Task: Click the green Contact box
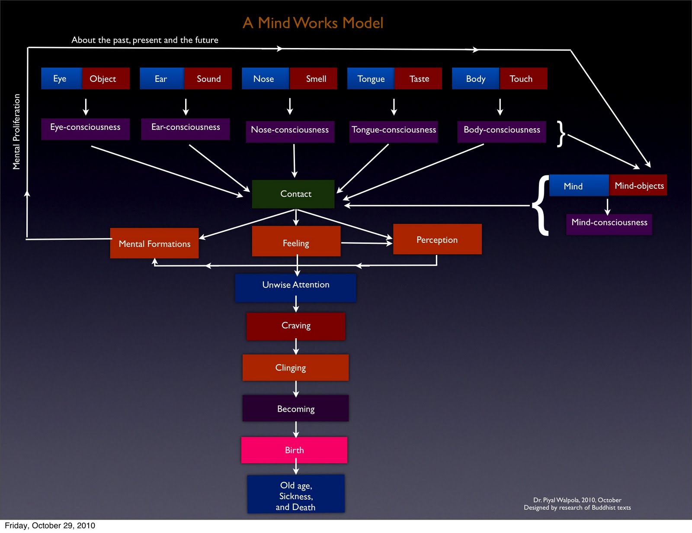click(x=293, y=194)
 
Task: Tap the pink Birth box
click(x=294, y=450)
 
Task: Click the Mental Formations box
click(x=154, y=243)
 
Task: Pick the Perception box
click(x=437, y=239)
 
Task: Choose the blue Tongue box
click(x=371, y=78)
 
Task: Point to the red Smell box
click(x=314, y=78)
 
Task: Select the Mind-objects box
click(x=638, y=185)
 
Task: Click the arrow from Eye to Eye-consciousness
click(x=86, y=106)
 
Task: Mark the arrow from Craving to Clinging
click(x=296, y=347)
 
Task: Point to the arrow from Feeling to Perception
click(x=367, y=243)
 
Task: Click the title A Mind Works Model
click(x=313, y=23)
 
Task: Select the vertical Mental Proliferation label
click(x=16, y=132)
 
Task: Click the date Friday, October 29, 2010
click(x=50, y=526)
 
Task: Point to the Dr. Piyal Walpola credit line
click(x=577, y=500)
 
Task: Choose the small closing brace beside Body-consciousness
click(x=561, y=133)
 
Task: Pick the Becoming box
click(x=295, y=408)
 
